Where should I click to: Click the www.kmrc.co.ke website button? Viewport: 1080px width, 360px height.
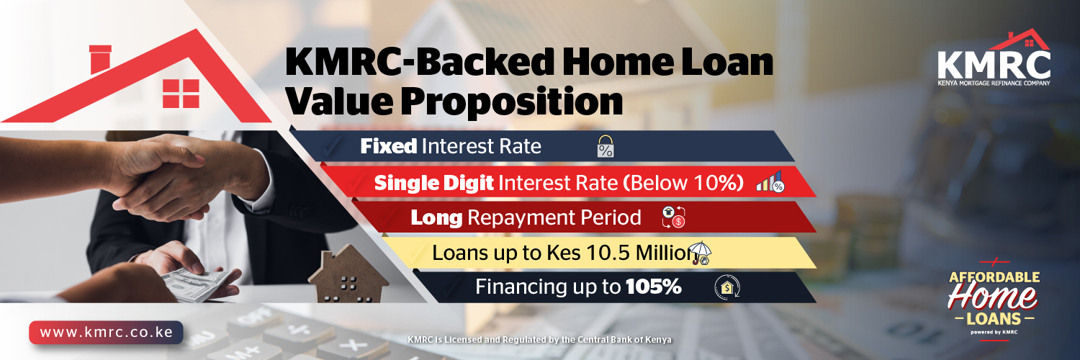(x=106, y=333)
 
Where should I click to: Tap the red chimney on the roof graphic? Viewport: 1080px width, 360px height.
(x=100, y=59)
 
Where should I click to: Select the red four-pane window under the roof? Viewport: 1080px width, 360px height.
(x=181, y=94)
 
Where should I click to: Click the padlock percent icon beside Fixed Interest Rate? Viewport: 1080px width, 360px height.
(x=606, y=146)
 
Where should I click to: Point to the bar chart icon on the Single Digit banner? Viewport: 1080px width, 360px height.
(x=770, y=182)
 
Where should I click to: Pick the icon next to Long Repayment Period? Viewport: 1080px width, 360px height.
(x=673, y=217)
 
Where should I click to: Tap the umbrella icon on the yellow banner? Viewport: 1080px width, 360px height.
(x=701, y=253)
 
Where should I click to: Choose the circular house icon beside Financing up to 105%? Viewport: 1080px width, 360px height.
(x=727, y=287)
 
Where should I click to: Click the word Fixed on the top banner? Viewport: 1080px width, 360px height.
(x=389, y=146)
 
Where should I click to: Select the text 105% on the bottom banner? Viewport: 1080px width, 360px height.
(x=654, y=287)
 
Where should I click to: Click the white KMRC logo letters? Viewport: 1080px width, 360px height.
(x=994, y=66)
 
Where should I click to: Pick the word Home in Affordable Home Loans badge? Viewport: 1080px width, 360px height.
(x=992, y=296)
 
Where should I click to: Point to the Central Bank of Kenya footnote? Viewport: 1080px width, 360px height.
(x=539, y=340)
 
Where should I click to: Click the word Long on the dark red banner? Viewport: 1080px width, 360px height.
(x=436, y=218)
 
